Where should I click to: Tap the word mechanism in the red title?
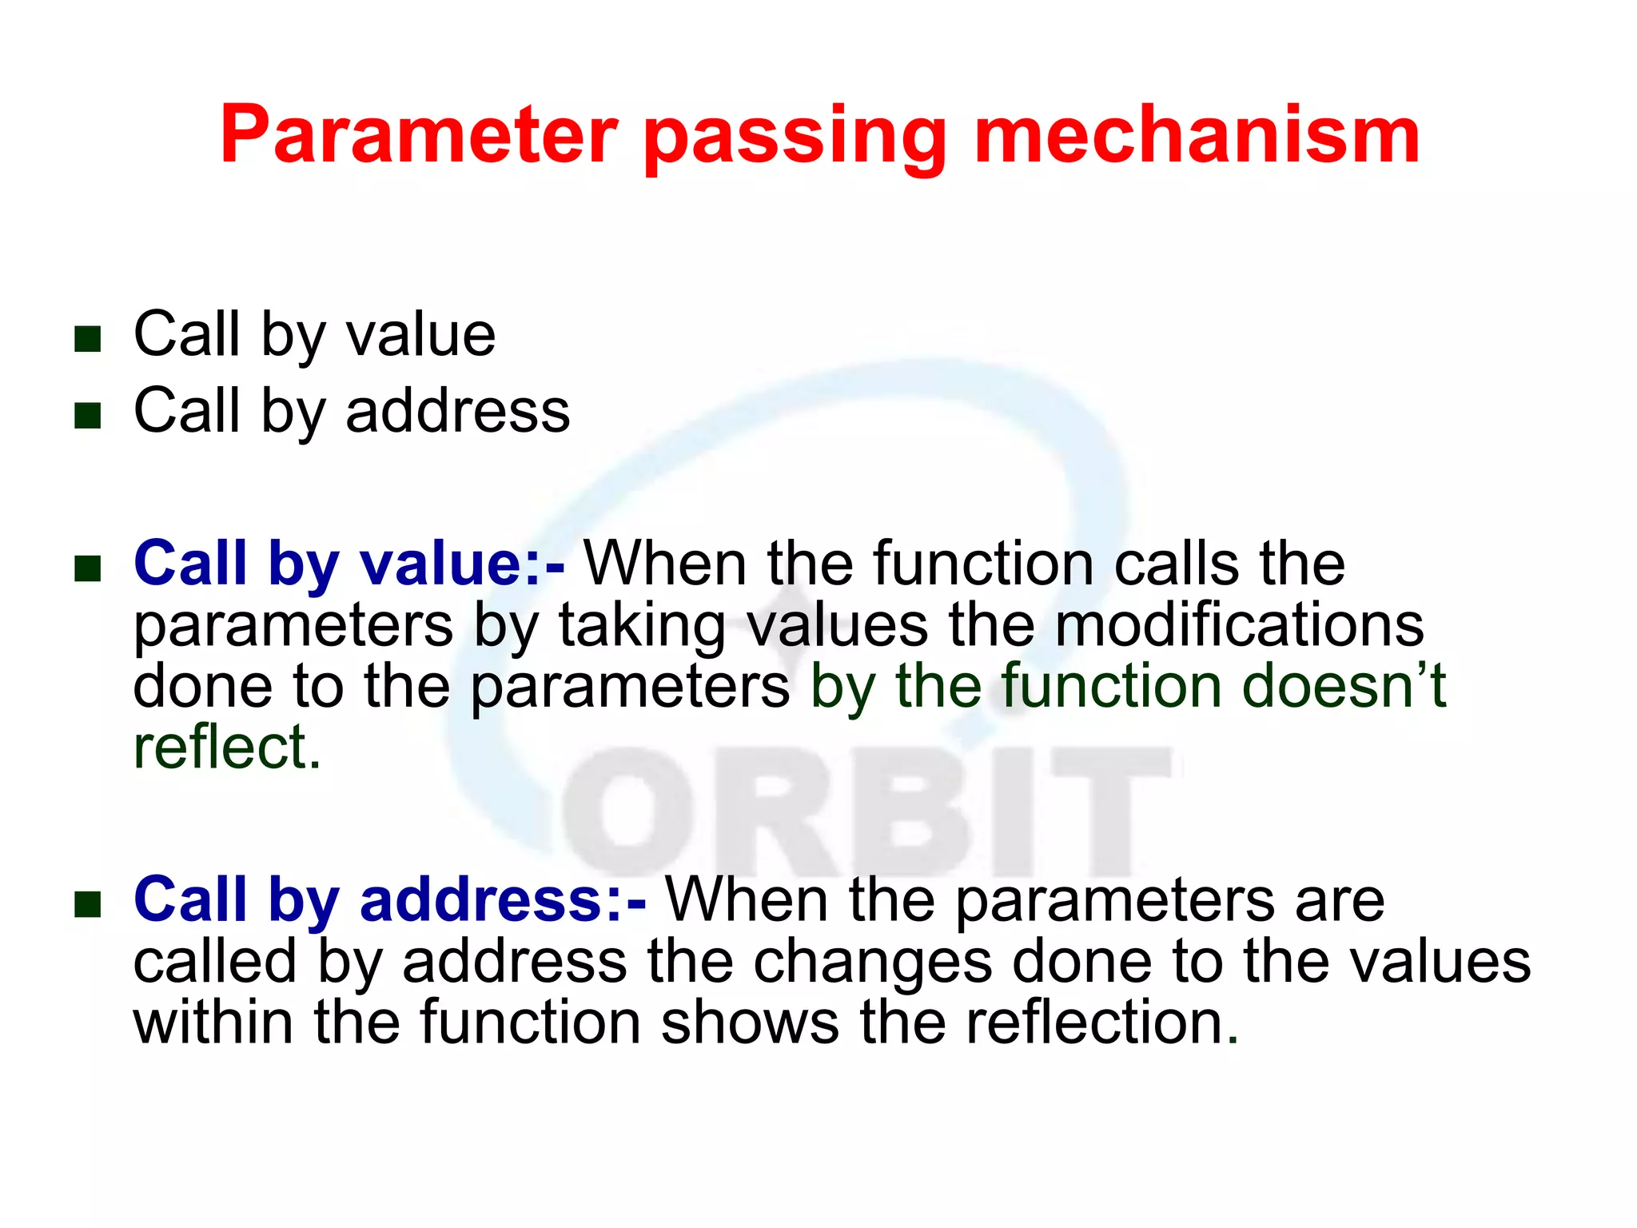point(1197,136)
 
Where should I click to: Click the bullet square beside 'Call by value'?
point(87,339)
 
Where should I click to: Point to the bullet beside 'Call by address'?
point(87,416)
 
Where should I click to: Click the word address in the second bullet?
point(457,411)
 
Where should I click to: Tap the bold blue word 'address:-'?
point(503,899)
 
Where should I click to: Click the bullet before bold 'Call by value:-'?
point(87,569)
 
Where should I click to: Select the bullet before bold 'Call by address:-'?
point(87,905)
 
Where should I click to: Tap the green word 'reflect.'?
point(227,748)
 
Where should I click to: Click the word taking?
point(642,628)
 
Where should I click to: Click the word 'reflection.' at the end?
point(1102,1023)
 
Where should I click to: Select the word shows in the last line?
point(749,1023)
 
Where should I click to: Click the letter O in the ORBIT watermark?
point(627,811)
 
